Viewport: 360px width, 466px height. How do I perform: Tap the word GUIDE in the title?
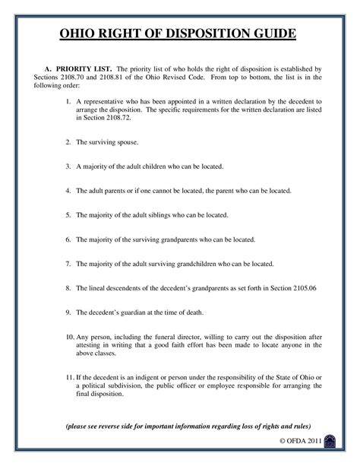271,36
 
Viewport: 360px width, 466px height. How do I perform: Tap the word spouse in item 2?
122,142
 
